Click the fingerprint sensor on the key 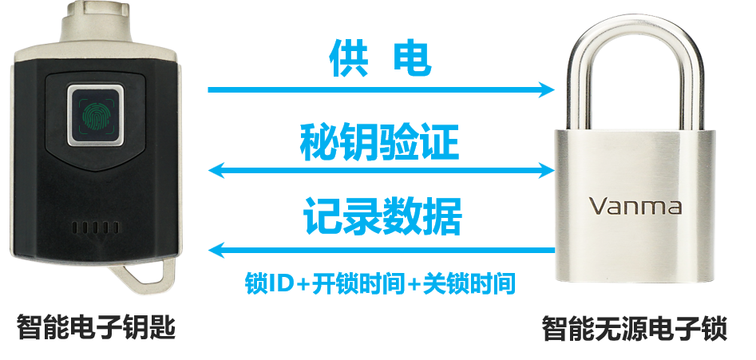pyautogui.click(x=95, y=117)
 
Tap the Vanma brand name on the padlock pyautogui.click(x=635, y=206)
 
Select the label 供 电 pyautogui.click(x=382, y=58)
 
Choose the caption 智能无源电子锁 pyautogui.click(x=634, y=328)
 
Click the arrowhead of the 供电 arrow pyautogui.click(x=547, y=89)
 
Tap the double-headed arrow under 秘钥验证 pyautogui.click(x=381, y=169)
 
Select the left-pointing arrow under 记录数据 pyautogui.click(x=381, y=250)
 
